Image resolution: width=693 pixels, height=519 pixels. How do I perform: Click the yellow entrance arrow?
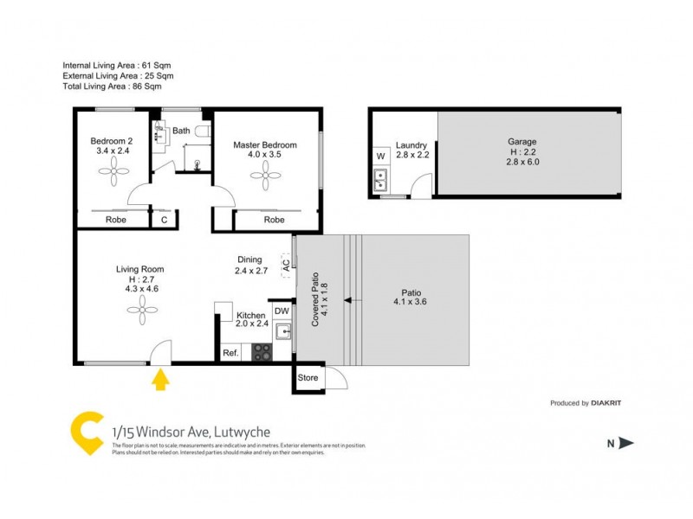(x=160, y=381)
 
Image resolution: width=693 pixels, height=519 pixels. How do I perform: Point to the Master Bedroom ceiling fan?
(x=265, y=176)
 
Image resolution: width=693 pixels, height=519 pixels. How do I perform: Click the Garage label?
(x=522, y=141)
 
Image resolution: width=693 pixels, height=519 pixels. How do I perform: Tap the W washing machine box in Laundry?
(x=380, y=157)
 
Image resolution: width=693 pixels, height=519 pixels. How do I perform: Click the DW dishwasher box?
(x=282, y=311)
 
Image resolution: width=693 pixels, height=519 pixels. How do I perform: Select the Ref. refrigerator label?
(x=230, y=352)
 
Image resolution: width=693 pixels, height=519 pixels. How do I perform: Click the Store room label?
(x=308, y=378)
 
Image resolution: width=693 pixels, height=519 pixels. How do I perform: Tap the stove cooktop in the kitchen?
(x=262, y=352)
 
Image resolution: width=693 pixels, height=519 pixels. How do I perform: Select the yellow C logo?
(x=86, y=432)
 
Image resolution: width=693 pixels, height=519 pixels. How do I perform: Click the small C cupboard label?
(x=164, y=220)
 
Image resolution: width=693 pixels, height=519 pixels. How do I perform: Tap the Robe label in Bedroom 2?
(x=115, y=220)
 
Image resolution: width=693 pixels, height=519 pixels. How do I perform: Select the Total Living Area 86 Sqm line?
(x=113, y=86)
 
